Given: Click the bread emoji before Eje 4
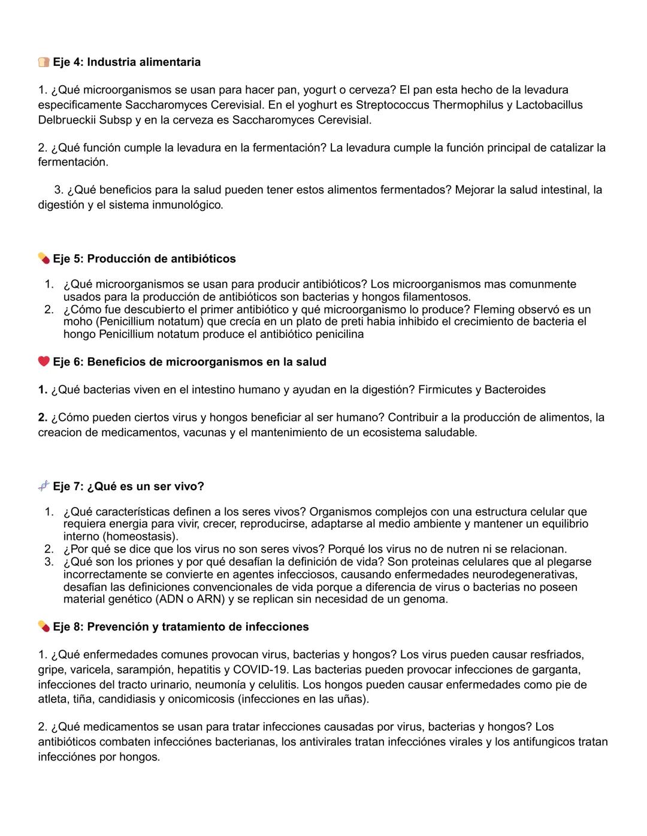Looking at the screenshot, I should (x=44, y=62).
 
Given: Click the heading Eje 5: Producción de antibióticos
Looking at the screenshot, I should (x=144, y=259).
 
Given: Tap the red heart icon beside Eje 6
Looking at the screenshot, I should (x=44, y=362).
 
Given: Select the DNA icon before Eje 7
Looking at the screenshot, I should (x=44, y=487).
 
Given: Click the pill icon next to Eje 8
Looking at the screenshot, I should (x=44, y=627).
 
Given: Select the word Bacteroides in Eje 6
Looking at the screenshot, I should (x=515, y=390).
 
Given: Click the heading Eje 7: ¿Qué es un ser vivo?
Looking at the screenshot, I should (x=128, y=487).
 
